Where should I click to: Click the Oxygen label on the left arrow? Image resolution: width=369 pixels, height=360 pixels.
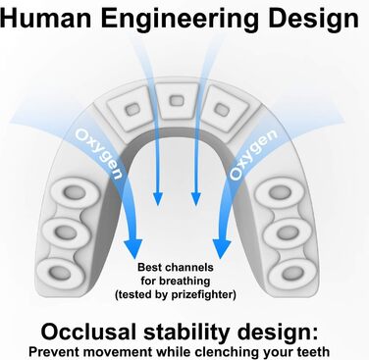[x=99, y=153]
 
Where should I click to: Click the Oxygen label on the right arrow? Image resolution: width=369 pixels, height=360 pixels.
[x=253, y=154]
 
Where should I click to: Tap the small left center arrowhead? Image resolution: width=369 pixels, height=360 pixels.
[x=158, y=199]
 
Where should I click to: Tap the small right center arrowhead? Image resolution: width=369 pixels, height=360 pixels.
[x=196, y=199]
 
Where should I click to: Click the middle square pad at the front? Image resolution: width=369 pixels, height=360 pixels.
[x=177, y=100]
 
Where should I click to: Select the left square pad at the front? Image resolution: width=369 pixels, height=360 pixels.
[x=131, y=109]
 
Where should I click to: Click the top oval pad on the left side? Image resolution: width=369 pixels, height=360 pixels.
[x=75, y=192]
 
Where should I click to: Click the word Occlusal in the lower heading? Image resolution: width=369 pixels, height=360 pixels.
[x=88, y=332]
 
